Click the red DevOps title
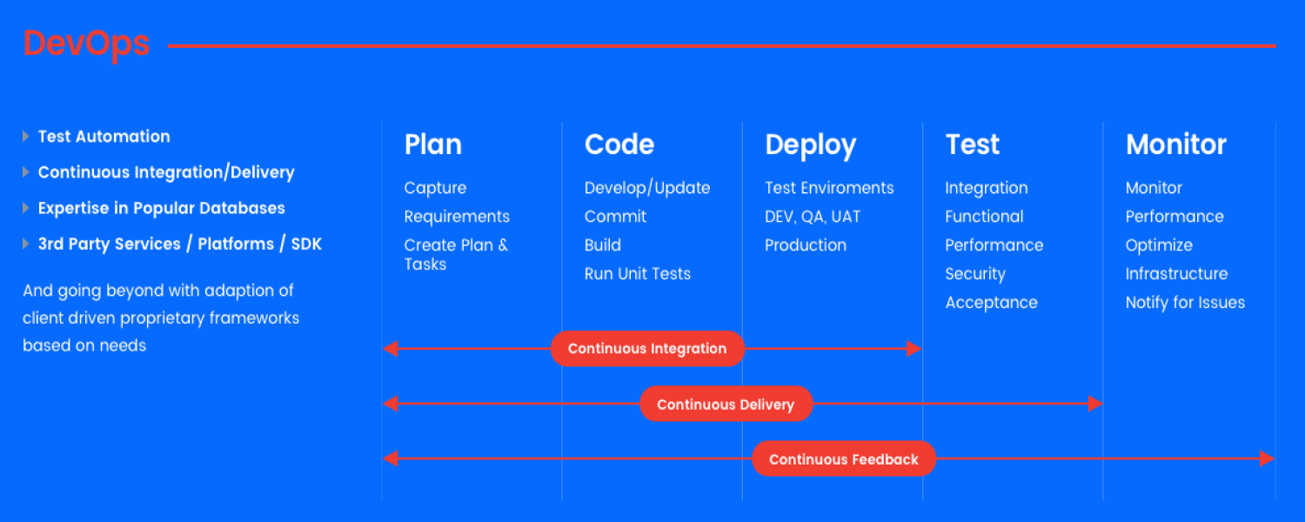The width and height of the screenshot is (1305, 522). [86, 44]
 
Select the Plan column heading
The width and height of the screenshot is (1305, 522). [433, 144]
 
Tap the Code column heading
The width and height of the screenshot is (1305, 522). [619, 144]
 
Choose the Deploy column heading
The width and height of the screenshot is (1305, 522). [810, 145]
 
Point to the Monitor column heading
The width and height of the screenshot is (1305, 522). [1175, 144]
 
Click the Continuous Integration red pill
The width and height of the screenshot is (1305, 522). [647, 348]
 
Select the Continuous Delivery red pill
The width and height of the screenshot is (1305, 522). [726, 404]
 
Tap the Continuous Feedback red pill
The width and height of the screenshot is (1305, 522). [844, 459]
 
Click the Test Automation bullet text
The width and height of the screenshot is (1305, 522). [104, 137]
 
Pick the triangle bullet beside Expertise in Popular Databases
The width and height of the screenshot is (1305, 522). [25, 208]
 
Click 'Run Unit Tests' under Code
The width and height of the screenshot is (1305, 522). [638, 274]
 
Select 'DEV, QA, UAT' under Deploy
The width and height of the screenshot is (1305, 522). [812, 217]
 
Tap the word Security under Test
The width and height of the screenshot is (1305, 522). [975, 274]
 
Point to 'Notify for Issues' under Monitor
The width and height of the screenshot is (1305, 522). [1185, 303]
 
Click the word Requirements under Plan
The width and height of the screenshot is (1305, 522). [457, 217]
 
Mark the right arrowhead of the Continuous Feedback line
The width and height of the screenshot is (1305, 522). [1267, 458]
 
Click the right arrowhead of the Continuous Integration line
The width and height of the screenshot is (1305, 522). [914, 348]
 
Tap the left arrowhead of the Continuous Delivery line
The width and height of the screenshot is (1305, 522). [391, 403]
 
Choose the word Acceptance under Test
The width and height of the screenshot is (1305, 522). [991, 303]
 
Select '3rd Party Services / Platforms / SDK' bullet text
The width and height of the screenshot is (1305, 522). [180, 244]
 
